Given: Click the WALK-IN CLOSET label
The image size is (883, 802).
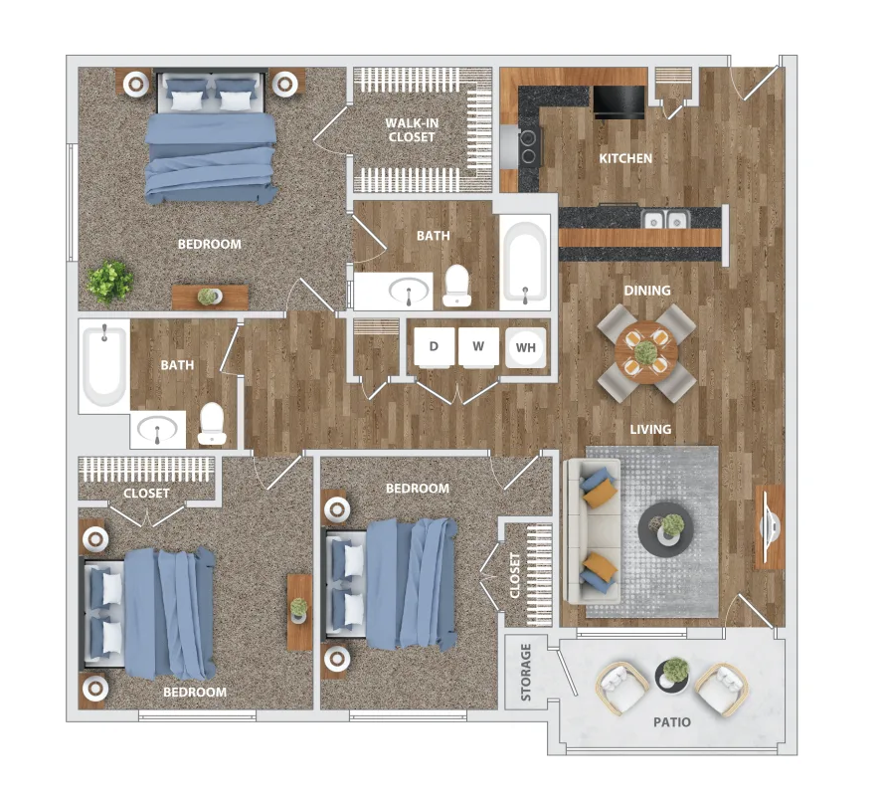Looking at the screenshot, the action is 412,129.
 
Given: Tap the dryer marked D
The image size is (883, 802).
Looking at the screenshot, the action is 435,347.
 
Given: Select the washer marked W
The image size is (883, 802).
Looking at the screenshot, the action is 478,347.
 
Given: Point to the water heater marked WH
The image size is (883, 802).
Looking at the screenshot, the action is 525,347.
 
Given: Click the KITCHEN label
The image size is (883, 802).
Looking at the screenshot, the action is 625,158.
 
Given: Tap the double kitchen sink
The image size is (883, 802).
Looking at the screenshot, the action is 665,219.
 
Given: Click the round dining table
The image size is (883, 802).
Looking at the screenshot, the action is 646,353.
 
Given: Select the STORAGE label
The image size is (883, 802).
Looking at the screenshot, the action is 526,672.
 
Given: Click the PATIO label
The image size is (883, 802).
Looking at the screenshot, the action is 672,722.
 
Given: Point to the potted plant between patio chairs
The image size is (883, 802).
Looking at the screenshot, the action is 673,675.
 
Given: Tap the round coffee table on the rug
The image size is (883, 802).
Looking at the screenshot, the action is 666,529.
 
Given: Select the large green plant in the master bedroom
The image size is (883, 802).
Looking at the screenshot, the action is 110,282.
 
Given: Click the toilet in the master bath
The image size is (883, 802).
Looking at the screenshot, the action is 456,286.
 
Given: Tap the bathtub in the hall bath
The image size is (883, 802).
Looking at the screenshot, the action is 105,365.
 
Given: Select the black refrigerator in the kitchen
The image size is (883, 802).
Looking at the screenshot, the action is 618,102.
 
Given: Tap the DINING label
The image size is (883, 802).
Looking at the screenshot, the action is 647,291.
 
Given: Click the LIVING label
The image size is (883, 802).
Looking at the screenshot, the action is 650,430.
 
